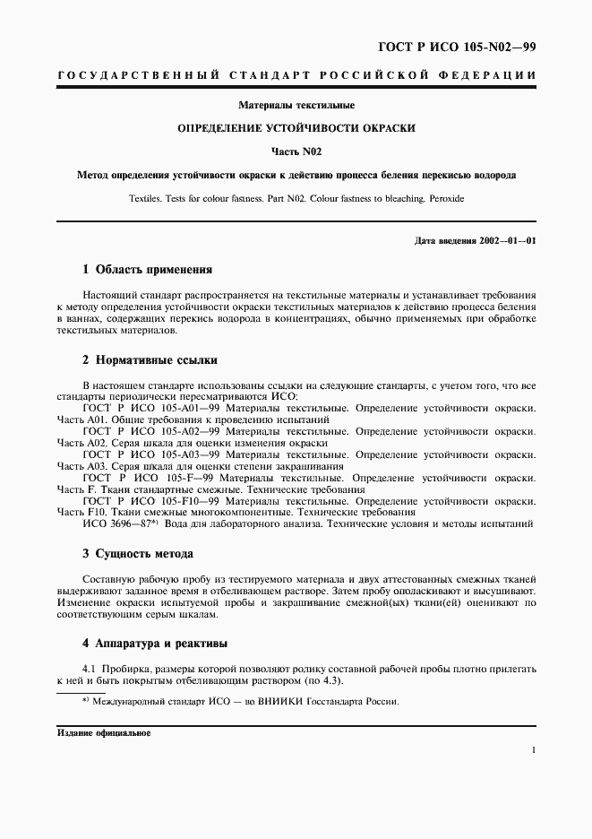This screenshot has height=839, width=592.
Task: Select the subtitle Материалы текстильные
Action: pyautogui.click(x=296, y=106)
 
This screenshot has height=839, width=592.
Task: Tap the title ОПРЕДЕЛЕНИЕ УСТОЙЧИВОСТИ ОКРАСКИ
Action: pyautogui.click(x=296, y=128)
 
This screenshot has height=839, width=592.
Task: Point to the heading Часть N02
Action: pyautogui.click(x=296, y=151)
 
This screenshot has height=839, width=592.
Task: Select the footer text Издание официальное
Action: pyautogui.click(x=104, y=731)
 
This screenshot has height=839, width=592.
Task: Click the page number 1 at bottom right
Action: pyautogui.click(x=534, y=751)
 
